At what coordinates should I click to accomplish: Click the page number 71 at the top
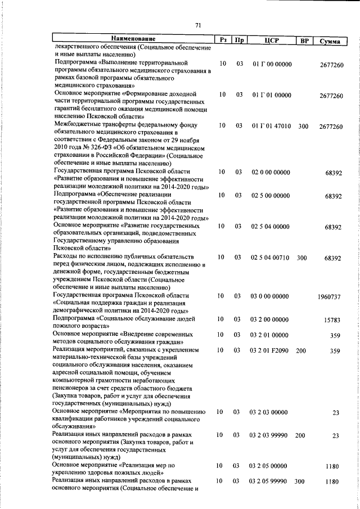[197, 25]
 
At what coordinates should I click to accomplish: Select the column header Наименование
[133, 39]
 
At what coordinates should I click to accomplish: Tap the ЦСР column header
[271, 40]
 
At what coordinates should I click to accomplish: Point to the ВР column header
[304, 40]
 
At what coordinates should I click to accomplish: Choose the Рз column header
[223, 40]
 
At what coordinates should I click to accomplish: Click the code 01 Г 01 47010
[272, 127]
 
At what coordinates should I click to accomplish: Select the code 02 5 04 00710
[270, 258]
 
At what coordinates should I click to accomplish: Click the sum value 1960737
[329, 296]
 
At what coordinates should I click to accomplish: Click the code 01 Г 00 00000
[272, 64]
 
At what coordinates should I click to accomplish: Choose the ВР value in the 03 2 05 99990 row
[300, 482]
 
